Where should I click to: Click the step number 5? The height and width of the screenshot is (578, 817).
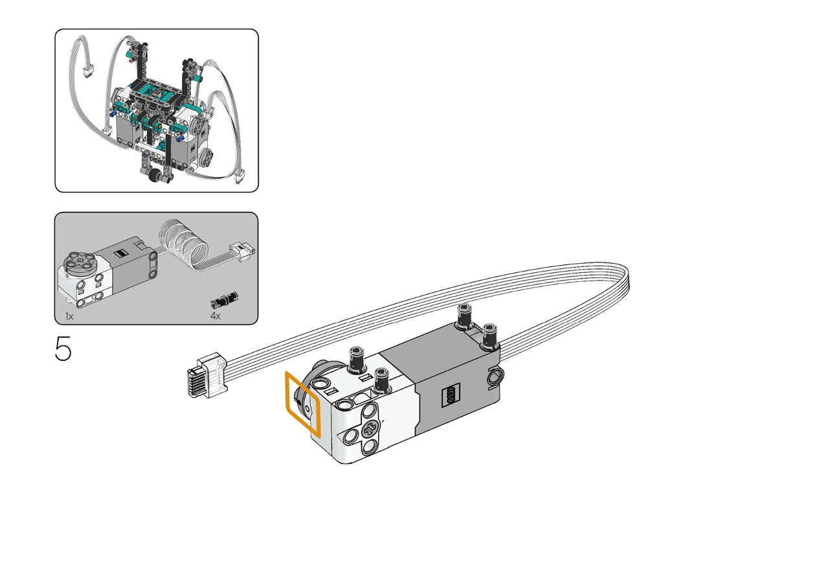coord(63,349)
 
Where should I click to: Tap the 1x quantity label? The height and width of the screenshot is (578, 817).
coord(69,316)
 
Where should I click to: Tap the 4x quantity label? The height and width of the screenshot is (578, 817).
coord(215,316)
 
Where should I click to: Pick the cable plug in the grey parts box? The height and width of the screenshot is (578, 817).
coord(242,251)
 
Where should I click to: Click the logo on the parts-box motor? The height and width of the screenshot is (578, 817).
coord(119,253)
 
